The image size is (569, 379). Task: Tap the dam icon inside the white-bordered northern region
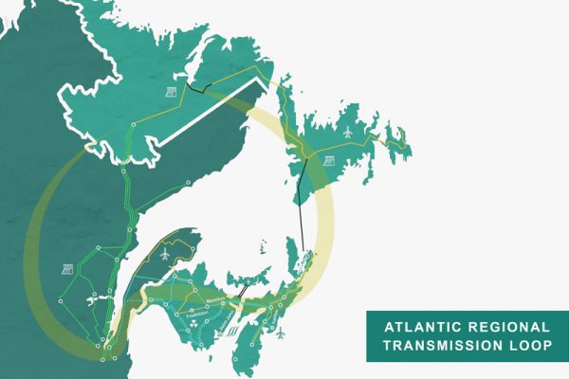coord(173,92)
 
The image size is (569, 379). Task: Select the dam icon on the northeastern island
coord(329,160)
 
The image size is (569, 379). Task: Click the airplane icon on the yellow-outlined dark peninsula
coord(167,255)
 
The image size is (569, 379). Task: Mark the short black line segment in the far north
coord(198,90)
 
